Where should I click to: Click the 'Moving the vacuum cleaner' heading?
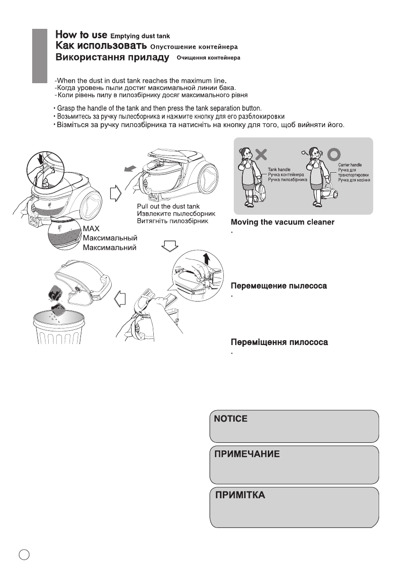point(282,222)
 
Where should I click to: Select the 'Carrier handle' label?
point(350,164)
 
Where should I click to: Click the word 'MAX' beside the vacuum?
point(91,229)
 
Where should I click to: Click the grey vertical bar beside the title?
point(40,56)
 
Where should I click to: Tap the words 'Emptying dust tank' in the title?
point(139,36)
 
